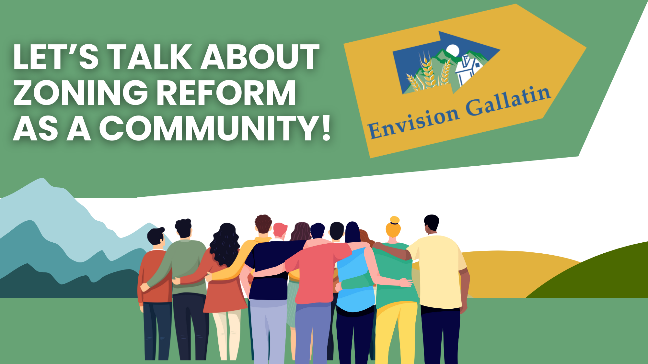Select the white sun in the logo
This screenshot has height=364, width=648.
[x=453, y=50]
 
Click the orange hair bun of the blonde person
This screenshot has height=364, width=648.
[x=395, y=220]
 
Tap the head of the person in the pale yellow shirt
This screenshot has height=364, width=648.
[x=431, y=224]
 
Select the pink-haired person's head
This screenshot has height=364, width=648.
[x=280, y=230]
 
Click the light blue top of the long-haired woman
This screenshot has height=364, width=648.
[x=355, y=280]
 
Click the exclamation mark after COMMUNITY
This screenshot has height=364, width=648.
[x=326, y=128]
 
